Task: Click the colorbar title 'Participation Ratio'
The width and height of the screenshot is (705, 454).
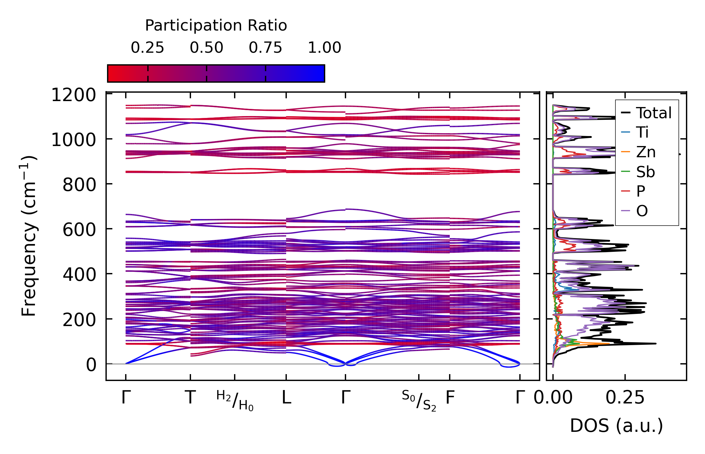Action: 216,26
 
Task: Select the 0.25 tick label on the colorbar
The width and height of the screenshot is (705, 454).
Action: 147,48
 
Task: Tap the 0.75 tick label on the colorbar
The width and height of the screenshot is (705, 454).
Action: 265,48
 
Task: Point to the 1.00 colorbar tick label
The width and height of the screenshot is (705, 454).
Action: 325,48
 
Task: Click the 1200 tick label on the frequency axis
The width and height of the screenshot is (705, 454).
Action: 74,95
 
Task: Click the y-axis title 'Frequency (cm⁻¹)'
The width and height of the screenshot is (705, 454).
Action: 29,236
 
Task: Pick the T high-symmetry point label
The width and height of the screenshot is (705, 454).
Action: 190,398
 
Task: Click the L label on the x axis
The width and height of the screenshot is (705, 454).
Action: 286,398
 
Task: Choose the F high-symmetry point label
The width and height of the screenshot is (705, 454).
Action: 450,398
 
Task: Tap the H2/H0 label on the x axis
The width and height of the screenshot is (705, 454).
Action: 235,401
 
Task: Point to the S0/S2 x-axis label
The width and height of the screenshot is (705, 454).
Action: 419,401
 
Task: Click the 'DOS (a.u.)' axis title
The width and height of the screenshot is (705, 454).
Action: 616,426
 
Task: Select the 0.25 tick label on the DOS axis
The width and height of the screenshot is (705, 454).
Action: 625,398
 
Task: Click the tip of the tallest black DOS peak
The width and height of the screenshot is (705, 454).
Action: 656,344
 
